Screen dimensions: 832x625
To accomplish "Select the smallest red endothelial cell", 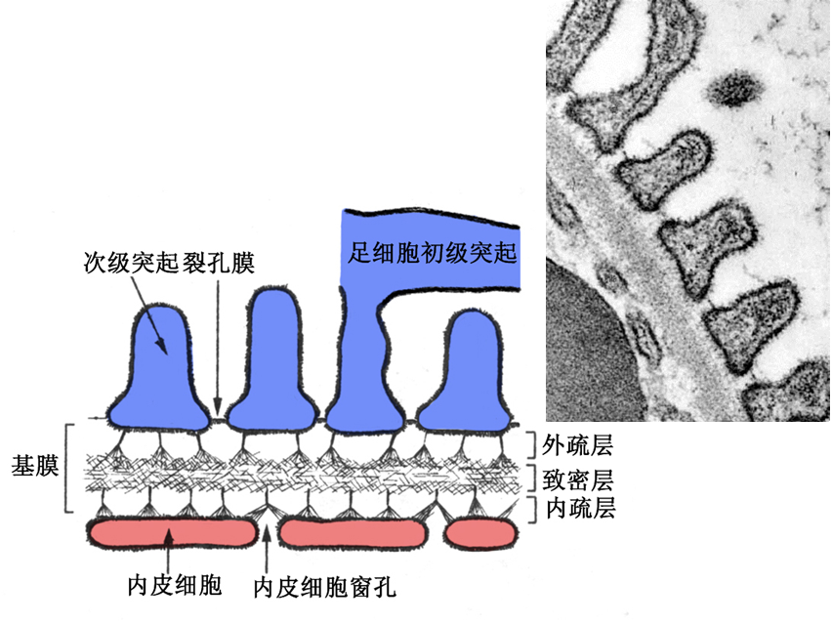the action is point(479,533).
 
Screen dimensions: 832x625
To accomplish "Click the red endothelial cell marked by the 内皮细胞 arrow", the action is point(172,533).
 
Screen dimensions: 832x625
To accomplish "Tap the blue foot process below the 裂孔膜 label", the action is point(273,361).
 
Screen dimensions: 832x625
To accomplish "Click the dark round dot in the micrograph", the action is point(734,90).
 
